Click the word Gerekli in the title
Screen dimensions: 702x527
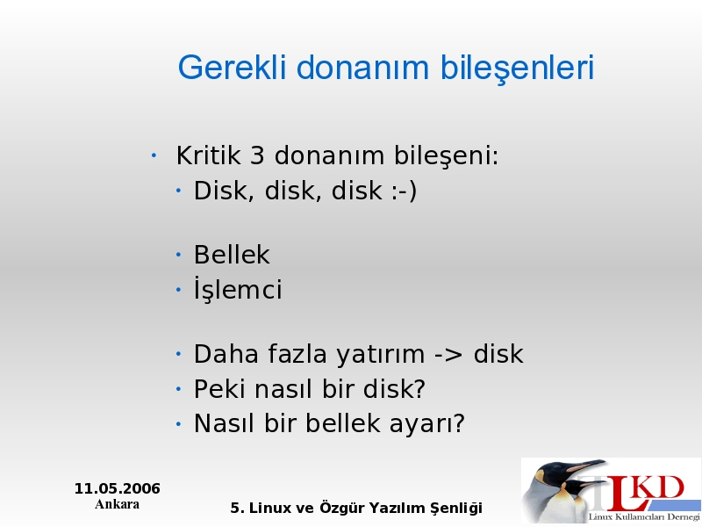pos(232,68)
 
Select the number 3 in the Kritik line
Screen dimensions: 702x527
pos(257,155)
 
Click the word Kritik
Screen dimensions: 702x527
pos(208,155)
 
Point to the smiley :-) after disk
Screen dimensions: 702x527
pos(405,191)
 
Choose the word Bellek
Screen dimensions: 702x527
pos(232,255)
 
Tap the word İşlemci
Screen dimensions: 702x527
pos(238,288)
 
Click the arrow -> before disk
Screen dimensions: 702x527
pos(448,355)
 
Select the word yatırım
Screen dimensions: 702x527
pos(380,355)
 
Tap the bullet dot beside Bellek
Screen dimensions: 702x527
pos(178,255)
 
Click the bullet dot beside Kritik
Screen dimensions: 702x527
pos(154,155)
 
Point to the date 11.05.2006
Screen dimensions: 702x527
pos(118,488)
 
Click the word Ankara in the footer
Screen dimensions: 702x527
pos(118,504)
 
